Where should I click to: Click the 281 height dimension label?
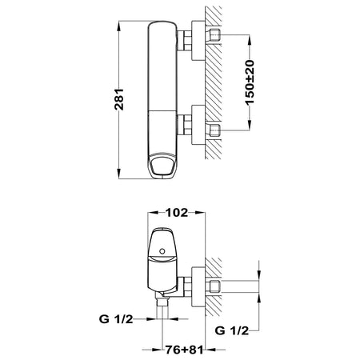click(119, 99)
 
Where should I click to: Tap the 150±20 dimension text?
click(250, 82)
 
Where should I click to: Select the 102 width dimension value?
click(177, 213)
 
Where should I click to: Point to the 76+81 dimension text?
click(184, 350)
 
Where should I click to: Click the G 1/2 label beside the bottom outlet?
click(116, 318)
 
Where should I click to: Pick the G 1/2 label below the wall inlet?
click(232, 330)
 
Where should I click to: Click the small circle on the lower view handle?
click(162, 251)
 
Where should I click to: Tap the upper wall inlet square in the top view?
click(215, 34)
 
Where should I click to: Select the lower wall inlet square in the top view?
click(215, 130)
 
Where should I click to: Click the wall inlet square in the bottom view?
click(215, 286)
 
